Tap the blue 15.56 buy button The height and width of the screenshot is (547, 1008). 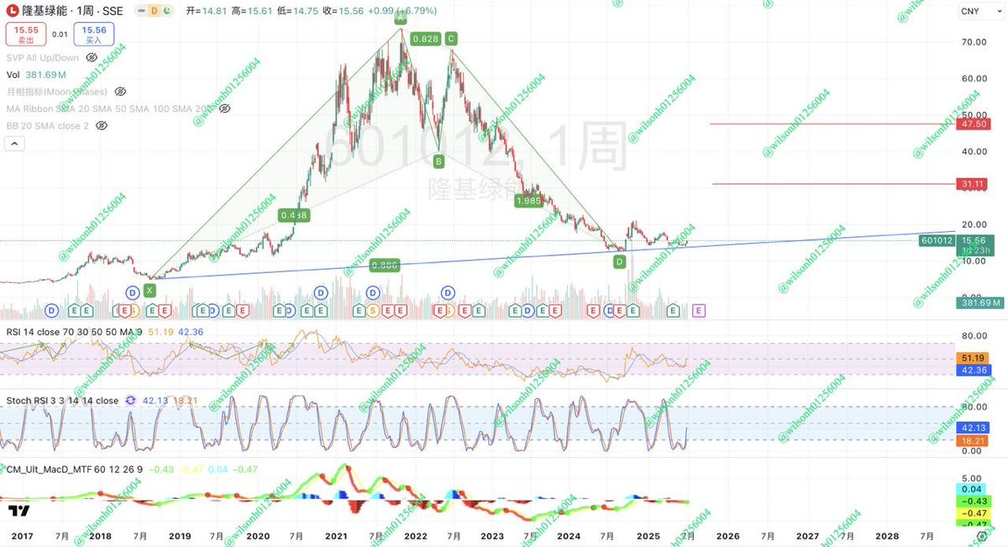coord(93,34)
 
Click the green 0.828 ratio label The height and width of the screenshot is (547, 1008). coord(426,39)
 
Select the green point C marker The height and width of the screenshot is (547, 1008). coord(452,39)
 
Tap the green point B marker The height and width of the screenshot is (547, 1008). coord(438,160)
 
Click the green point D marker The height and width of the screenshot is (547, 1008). coord(620,262)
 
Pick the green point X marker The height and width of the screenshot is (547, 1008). coord(150,290)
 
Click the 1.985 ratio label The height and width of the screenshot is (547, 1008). coord(528,201)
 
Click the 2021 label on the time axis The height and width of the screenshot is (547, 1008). coord(337,535)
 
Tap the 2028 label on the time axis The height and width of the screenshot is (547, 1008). coord(887,535)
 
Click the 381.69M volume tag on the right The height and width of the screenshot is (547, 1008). coord(979,303)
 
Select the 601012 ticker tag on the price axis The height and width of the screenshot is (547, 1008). coord(937,240)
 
